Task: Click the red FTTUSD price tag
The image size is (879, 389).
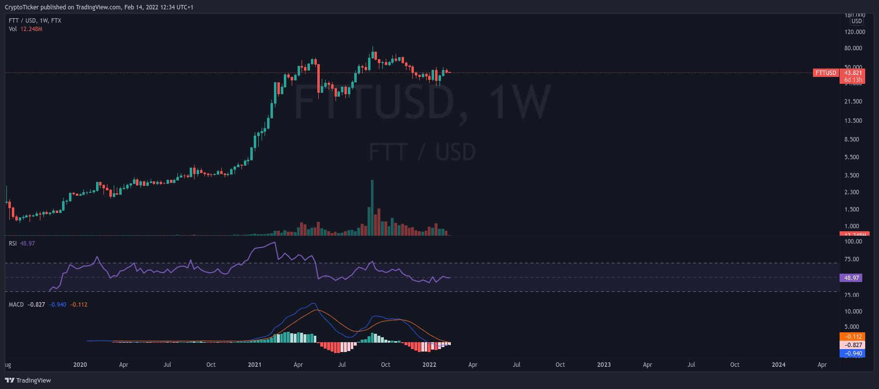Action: coord(826,73)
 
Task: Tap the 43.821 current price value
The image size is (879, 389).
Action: coord(853,73)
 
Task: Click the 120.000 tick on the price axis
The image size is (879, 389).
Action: coord(854,32)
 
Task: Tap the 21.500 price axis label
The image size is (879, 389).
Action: coord(853,102)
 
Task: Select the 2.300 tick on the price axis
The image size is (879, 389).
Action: coord(851,192)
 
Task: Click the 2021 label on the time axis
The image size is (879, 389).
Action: coord(254,365)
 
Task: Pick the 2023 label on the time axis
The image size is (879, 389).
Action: coord(604,365)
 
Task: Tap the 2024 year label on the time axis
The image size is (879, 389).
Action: coord(778,365)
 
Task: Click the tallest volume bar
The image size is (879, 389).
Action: coord(372,208)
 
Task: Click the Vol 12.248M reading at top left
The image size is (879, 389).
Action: coord(26,29)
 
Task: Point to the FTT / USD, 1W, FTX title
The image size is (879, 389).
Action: coord(35,21)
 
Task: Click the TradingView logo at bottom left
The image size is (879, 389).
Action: coord(28,381)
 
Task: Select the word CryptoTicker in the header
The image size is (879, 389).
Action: coord(22,7)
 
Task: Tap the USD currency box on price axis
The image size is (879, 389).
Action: coord(857,21)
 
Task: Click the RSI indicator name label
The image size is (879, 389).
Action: coord(13,244)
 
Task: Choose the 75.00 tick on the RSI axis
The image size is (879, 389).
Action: coord(851,259)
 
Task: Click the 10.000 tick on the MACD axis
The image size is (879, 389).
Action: coord(853,312)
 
